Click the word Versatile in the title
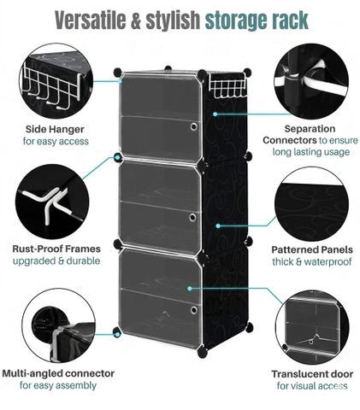(91, 20)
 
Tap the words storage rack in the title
(257, 20)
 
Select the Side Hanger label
(55, 129)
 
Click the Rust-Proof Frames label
(56, 249)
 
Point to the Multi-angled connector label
(58, 373)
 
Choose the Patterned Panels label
(312, 249)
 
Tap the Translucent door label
(312, 374)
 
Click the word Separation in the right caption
(310, 129)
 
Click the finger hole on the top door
(194, 126)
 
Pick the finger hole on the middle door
(193, 218)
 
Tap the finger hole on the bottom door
(194, 310)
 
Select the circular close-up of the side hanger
(56, 80)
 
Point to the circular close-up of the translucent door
(312, 327)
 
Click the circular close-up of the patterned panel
(311, 204)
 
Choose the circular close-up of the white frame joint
(52, 202)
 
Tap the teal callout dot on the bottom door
(190, 289)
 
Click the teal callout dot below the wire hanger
(215, 114)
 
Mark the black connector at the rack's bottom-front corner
(203, 352)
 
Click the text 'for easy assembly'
(58, 385)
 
